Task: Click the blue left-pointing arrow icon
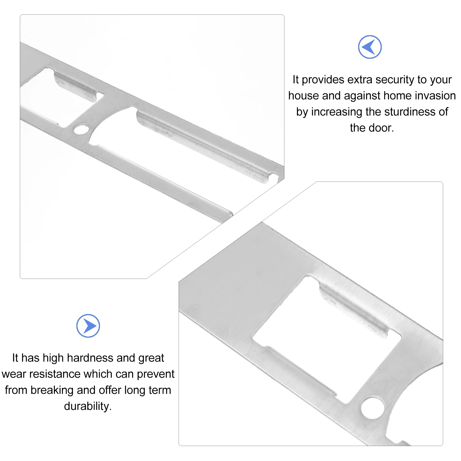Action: coord(370,47)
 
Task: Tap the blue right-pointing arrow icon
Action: coord(88,326)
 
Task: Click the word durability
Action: coord(88,407)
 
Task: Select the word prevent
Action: coord(156,374)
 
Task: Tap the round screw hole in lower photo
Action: coord(373,408)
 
